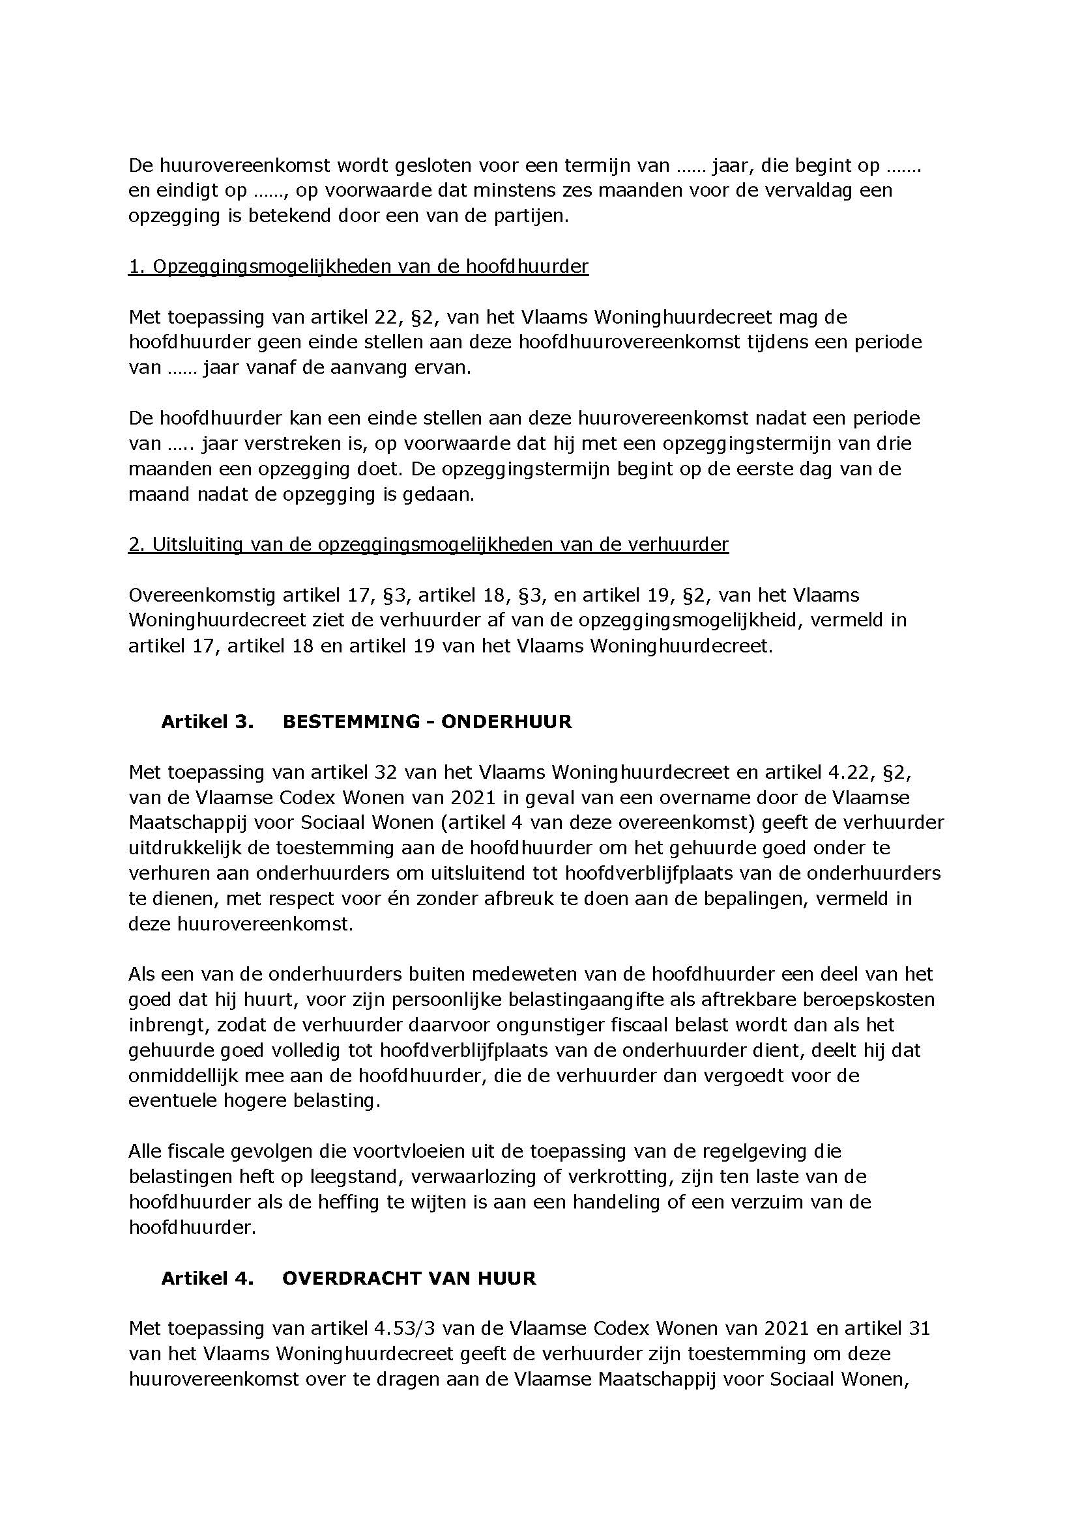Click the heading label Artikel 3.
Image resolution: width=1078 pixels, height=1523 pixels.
[207, 721]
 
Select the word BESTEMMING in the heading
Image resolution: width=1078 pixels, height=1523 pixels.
[349, 721]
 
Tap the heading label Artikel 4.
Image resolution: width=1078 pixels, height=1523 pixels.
[207, 1278]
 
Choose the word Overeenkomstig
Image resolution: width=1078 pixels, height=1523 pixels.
[203, 595]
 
